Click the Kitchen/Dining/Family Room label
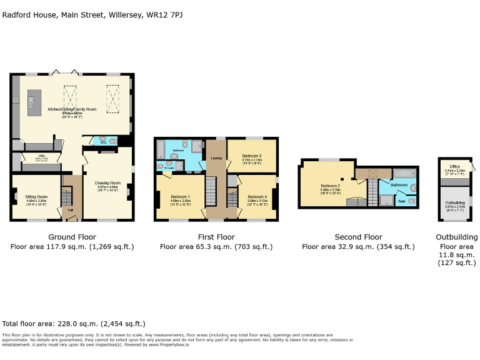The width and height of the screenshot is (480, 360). click(x=72, y=109)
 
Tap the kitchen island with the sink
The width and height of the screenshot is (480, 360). click(x=31, y=102)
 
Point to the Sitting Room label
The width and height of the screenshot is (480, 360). click(x=36, y=196)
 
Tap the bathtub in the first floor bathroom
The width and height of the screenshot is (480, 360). click(x=159, y=149)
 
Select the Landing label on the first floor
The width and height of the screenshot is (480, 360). click(x=217, y=158)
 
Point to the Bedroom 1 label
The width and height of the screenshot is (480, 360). click(x=180, y=197)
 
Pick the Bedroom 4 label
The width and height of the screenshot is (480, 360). click(x=248, y=197)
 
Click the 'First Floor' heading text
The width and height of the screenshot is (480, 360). click(x=216, y=237)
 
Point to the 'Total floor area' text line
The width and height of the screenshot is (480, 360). click(x=74, y=324)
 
